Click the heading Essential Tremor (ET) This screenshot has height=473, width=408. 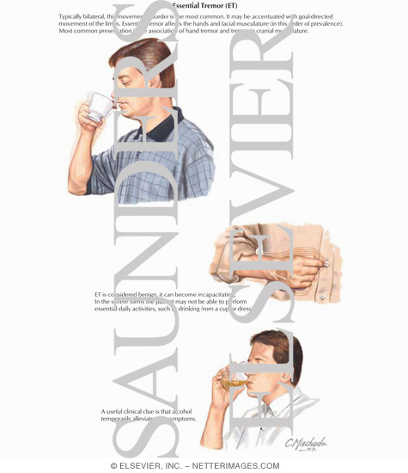tap(204, 5)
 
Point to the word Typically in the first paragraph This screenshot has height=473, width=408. tap(73, 16)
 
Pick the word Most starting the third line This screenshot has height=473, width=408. tap(66, 31)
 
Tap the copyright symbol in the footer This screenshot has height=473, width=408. tap(113, 465)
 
